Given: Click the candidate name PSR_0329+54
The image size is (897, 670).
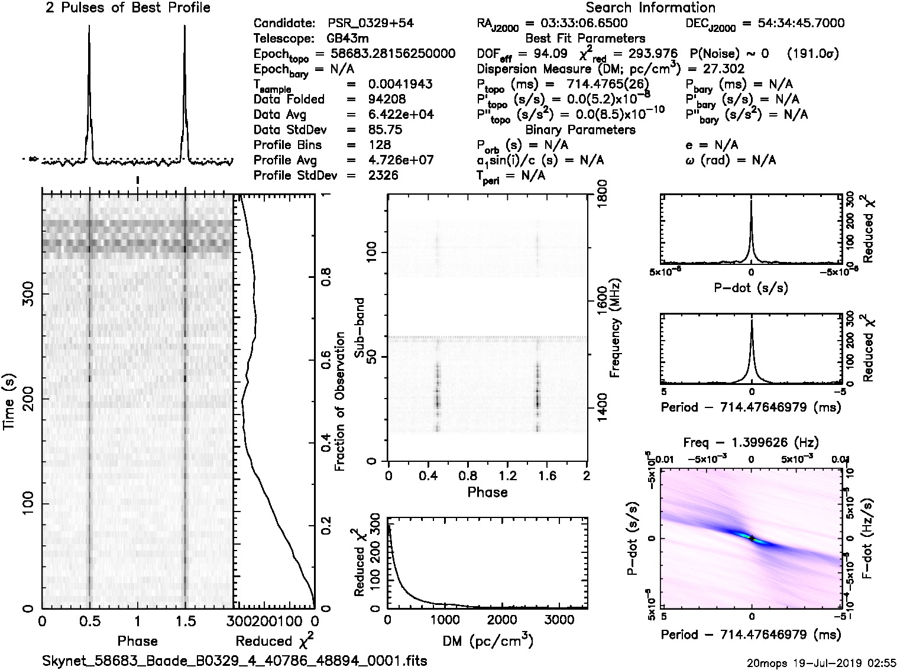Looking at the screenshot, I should [x=370, y=24].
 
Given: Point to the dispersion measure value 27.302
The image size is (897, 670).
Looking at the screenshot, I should [x=724, y=69].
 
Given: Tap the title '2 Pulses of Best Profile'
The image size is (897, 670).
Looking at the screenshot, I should [x=128, y=8].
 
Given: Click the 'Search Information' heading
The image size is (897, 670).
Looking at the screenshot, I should [x=650, y=8].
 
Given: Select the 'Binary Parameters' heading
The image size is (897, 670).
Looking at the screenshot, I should [x=581, y=130].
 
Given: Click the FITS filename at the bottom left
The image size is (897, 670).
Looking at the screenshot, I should [x=234, y=660].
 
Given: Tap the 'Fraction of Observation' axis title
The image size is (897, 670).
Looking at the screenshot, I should [x=339, y=402].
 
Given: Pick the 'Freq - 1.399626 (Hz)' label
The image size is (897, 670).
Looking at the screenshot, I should [x=751, y=442].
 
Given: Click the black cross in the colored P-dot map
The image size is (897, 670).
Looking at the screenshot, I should [x=751, y=538].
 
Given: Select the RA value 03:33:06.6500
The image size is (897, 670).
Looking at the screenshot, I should [x=576, y=24].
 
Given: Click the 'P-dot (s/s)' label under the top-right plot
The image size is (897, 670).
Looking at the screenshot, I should [x=751, y=288].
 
